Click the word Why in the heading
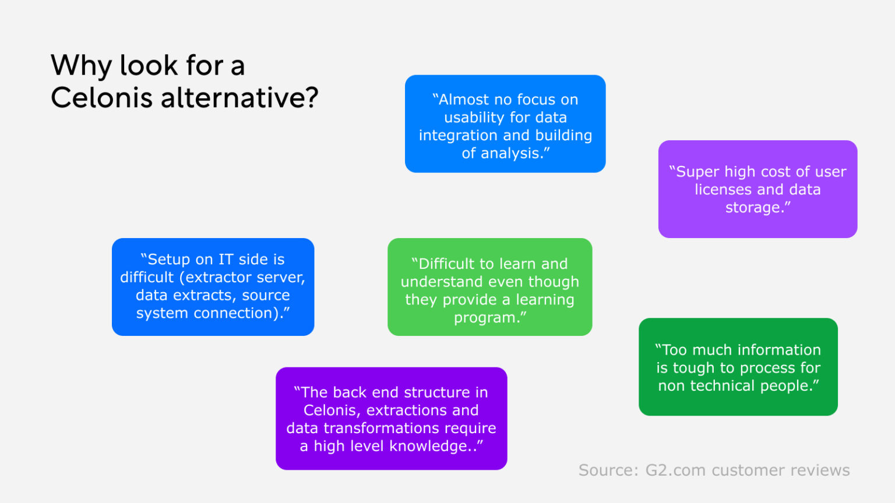[x=81, y=65]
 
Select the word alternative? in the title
[x=239, y=97]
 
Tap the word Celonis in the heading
[x=101, y=97]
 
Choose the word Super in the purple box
[x=695, y=172]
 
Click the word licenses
[x=723, y=189]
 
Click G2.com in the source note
[x=676, y=470]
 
